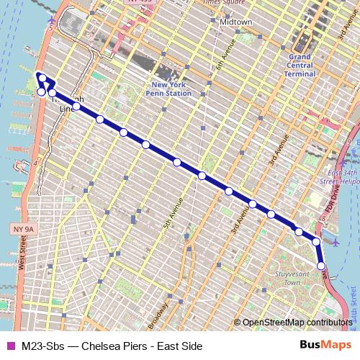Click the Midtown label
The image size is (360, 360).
click(x=236, y=22)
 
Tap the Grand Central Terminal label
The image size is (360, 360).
click(x=301, y=65)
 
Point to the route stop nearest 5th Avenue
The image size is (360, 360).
click(x=177, y=162)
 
